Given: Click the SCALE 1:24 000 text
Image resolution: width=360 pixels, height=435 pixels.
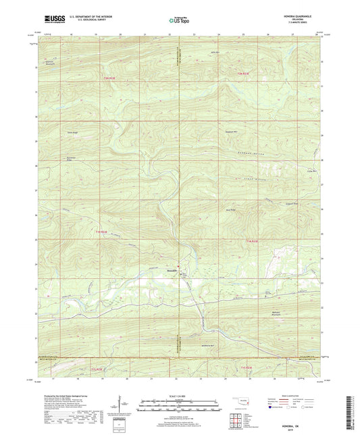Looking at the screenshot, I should (x=180, y=395).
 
